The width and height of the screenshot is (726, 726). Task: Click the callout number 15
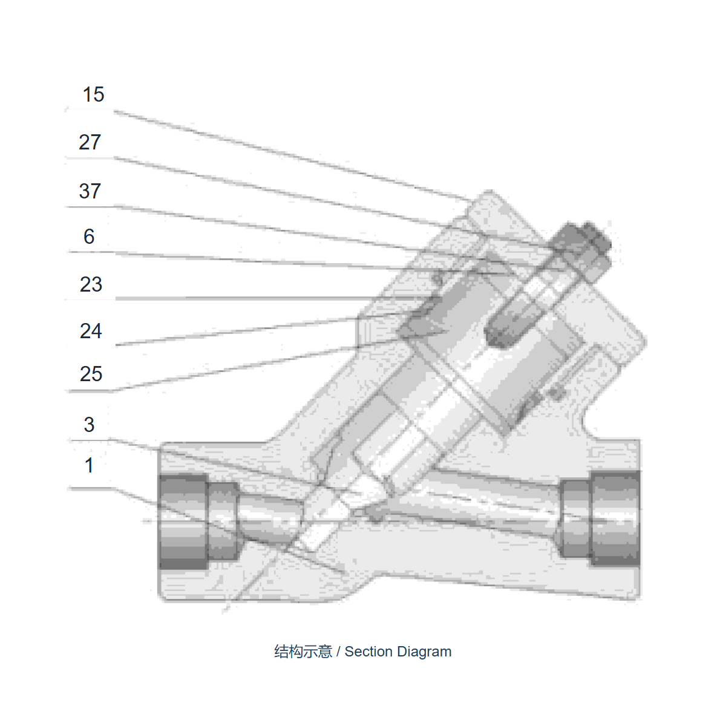tap(93, 94)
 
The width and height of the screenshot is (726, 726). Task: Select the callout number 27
tap(90, 142)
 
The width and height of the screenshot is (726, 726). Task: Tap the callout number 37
tap(90, 191)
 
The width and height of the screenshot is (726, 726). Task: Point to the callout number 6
tap(89, 237)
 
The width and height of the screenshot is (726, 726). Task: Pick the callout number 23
tap(91, 284)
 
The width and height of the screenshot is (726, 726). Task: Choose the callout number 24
tap(91, 331)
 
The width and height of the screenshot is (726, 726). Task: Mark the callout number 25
tap(91, 374)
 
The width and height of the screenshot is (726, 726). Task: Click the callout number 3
tap(89, 425)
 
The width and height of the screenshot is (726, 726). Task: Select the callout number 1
tap(89, 465)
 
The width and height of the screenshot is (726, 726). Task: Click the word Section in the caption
tap(368, 652)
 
